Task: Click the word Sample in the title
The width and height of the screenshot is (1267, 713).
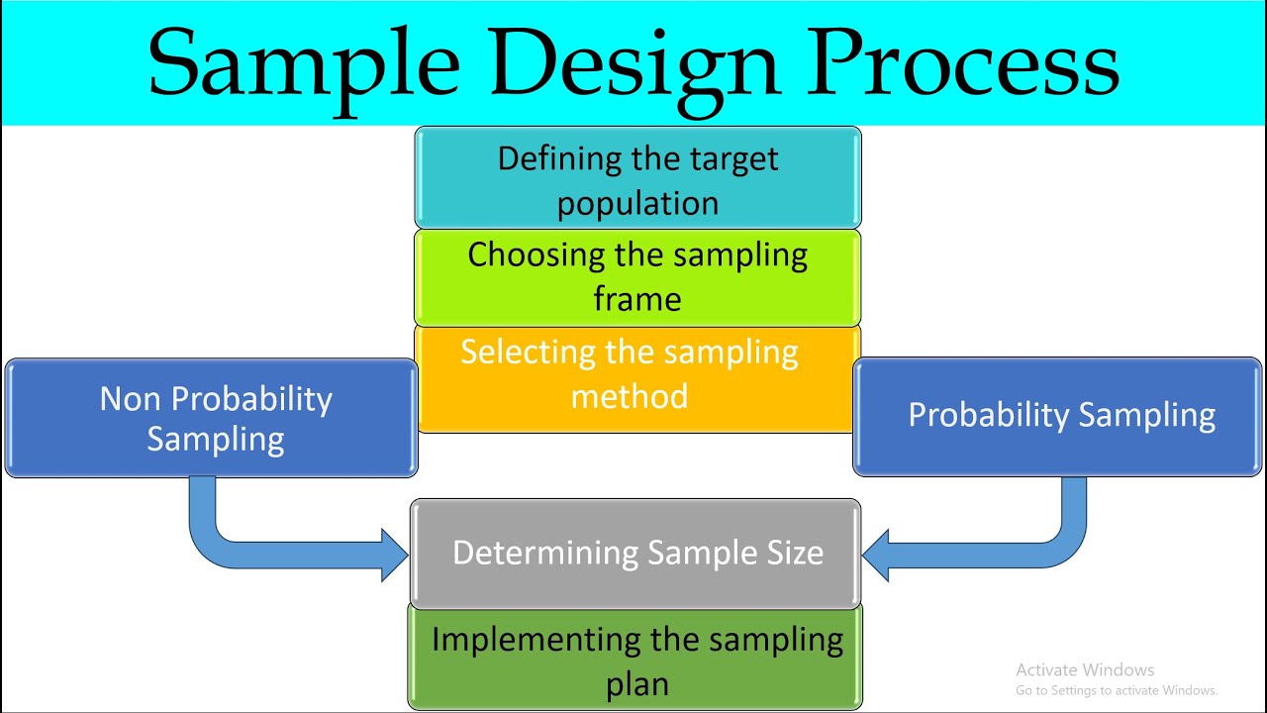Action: coord(303,64)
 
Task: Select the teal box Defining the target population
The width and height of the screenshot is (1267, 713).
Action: coord(637,179)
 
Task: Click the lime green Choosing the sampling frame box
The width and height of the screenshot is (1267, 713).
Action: coord(637,276)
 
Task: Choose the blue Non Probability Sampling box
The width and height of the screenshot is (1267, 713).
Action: coord(212,418)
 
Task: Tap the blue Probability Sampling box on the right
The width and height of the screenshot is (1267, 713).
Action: coord(1057,416)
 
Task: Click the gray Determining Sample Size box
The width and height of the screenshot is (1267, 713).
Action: coord(635,553)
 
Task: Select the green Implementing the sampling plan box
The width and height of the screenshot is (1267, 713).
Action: coord(635,659)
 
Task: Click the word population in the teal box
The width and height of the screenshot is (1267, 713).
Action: coord(637,203)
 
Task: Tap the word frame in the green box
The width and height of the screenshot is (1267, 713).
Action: coord(637,298)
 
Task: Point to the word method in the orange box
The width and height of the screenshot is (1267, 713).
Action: coord(630,396)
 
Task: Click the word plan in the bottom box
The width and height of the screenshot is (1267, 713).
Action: coord(636,683)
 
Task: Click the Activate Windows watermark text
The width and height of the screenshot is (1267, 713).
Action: coord(1085,670)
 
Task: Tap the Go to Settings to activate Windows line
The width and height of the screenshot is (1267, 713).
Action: coord(1116,690)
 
